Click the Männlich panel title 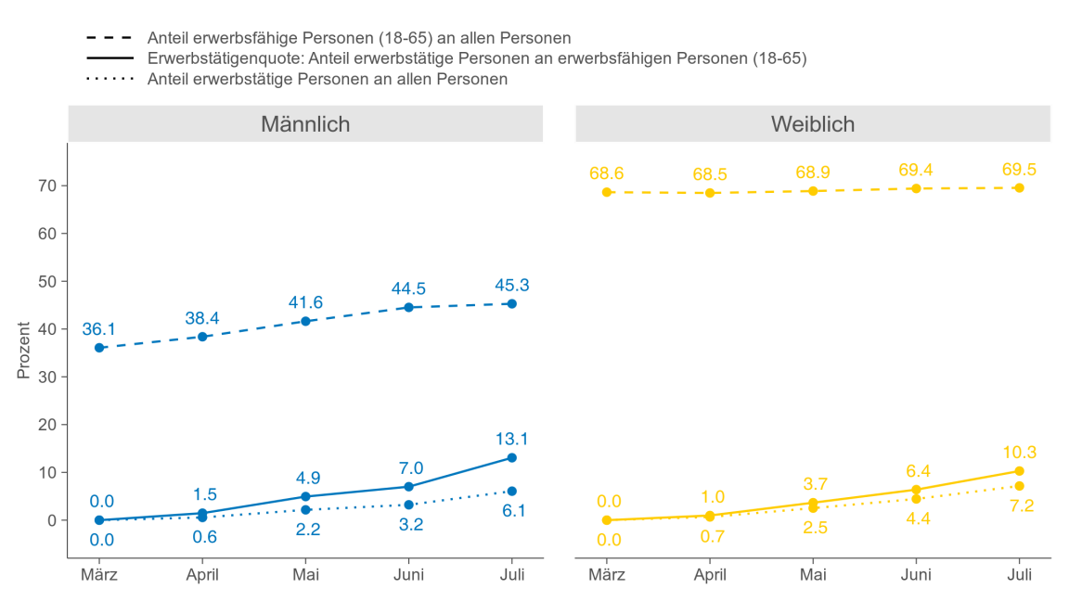305,123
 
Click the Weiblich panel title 813,123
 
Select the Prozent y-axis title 24,351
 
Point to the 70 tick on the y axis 47,185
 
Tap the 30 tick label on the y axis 47,377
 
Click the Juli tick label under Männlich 511,575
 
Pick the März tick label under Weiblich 607,575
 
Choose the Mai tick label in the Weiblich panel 813,575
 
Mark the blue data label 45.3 511,285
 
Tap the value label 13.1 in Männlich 511,439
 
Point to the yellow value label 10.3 1019,453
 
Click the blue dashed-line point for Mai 305,321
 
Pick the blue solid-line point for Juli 511,457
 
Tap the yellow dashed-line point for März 607,192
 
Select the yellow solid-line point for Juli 1019,471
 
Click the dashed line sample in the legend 109,38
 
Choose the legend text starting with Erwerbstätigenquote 477,58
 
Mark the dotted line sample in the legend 109,79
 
